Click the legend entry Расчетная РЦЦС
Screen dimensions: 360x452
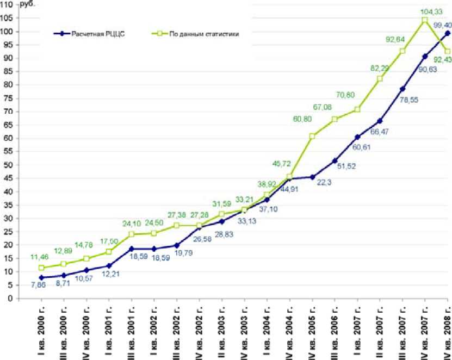click(x=94, y=34)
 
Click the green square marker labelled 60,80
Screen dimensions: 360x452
click(x=312, y=136)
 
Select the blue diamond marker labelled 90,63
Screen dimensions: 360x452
click(x=425, y=57)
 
